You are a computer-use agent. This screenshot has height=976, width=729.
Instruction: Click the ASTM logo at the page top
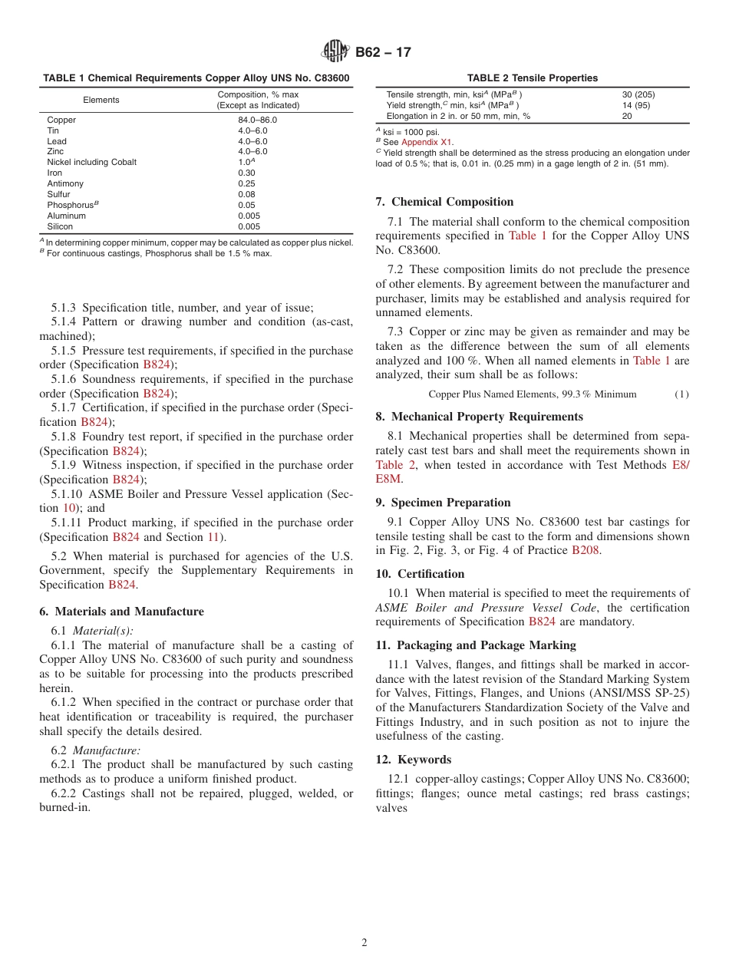pyautogui.click(x=335, y=52)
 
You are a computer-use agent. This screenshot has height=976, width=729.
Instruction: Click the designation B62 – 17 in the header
pyautogui.click(x=383, y=52)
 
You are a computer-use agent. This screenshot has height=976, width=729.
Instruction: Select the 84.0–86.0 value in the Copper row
pyautogui.click(x=257, y=120)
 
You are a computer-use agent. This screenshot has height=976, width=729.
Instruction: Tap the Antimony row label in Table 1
pyautogui.click(x=65, y=183)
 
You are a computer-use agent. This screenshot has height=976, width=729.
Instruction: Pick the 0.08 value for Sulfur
pyautogui.click(x=246, y=194)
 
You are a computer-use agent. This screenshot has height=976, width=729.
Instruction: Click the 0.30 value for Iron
pyautogui.click(x=246, y=173)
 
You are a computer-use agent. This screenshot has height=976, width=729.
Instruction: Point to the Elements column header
pyautogui.click(x=101, y=100)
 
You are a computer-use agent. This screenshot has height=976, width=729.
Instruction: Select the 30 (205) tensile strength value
pyautogui.click(x=638, y=94)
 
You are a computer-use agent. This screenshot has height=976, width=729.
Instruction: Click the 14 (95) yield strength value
pyautogui.click(x=635, y=105)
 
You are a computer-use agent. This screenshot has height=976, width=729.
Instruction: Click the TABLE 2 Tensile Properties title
pyautogui.click(x=532, y=78)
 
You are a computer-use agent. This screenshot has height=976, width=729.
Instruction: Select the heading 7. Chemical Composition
pyautogui.click(x=444, y=202)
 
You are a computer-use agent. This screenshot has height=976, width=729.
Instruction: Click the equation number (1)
pyautogui.click(x=681, y=394)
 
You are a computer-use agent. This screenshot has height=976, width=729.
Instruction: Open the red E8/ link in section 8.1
pyautogui.click(x=680, y=465)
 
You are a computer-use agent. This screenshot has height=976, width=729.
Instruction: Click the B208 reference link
pyautogui.click(x=586, y=550)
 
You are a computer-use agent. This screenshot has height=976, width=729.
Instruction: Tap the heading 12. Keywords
pyautogui.click(x=413, y=760)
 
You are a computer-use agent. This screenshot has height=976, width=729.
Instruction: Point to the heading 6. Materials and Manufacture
pyautogui.click(x=121, y=612)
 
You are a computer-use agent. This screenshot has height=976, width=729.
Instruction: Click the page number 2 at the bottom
pyautogui.click(x=364, y=943)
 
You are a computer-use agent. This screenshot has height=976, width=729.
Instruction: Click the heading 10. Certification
pyautogui.click(x=420, y=574)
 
